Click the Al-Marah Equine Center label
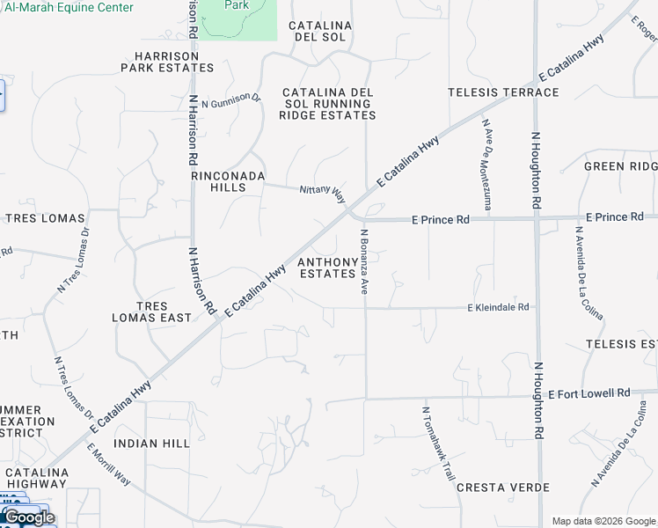69,8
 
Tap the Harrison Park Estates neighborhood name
167,61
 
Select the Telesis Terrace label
503,92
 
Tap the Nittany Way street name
322,193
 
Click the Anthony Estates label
327,268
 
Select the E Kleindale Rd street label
498,307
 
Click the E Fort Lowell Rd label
589,393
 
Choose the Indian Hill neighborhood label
152,444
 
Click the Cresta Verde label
502,488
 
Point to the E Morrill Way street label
108,463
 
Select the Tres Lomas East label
152,310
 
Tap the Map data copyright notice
603,521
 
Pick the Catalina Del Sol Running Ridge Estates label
329,104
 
